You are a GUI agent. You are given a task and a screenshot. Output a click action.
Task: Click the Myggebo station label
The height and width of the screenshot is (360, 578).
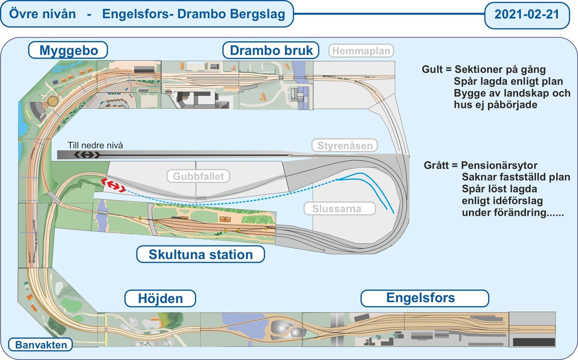(68, 50)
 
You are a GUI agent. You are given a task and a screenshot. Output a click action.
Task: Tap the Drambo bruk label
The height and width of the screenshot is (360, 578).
(271, 50)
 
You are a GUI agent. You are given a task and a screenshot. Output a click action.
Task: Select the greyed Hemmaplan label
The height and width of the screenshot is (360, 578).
(361, 51)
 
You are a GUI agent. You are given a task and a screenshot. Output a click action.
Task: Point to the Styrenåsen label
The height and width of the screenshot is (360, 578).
(345, 145)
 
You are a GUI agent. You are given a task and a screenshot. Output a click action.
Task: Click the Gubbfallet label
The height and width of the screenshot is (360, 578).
(198, 176)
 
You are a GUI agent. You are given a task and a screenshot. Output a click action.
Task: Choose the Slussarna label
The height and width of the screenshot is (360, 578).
(337, 208)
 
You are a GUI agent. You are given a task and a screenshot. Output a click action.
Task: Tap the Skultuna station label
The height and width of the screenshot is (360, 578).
(201, 254)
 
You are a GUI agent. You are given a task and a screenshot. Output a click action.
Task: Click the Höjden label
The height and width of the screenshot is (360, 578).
(160, 299)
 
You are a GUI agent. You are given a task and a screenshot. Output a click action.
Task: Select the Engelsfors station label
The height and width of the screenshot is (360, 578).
(420, 298)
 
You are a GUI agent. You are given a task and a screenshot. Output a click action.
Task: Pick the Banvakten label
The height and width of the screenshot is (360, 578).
(41, 345)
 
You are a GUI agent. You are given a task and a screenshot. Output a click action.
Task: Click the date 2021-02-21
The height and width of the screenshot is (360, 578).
(527, 14)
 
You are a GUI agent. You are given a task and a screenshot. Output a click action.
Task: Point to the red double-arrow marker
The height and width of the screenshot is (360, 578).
(113, 186)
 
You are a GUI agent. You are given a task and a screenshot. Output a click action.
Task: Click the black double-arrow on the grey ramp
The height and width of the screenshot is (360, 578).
(87, 155)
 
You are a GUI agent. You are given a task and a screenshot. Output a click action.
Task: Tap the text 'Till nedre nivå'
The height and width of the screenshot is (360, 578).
(95, 145)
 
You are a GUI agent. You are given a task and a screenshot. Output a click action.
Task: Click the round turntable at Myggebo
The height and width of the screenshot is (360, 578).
(53, 101)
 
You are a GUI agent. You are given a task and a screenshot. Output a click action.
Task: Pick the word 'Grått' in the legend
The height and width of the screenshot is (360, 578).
(436, 165)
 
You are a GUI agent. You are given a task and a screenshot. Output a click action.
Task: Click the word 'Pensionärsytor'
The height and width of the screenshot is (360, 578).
(499, 165)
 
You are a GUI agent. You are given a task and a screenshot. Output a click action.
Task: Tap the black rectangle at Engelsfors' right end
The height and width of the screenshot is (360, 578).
(534, 342)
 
